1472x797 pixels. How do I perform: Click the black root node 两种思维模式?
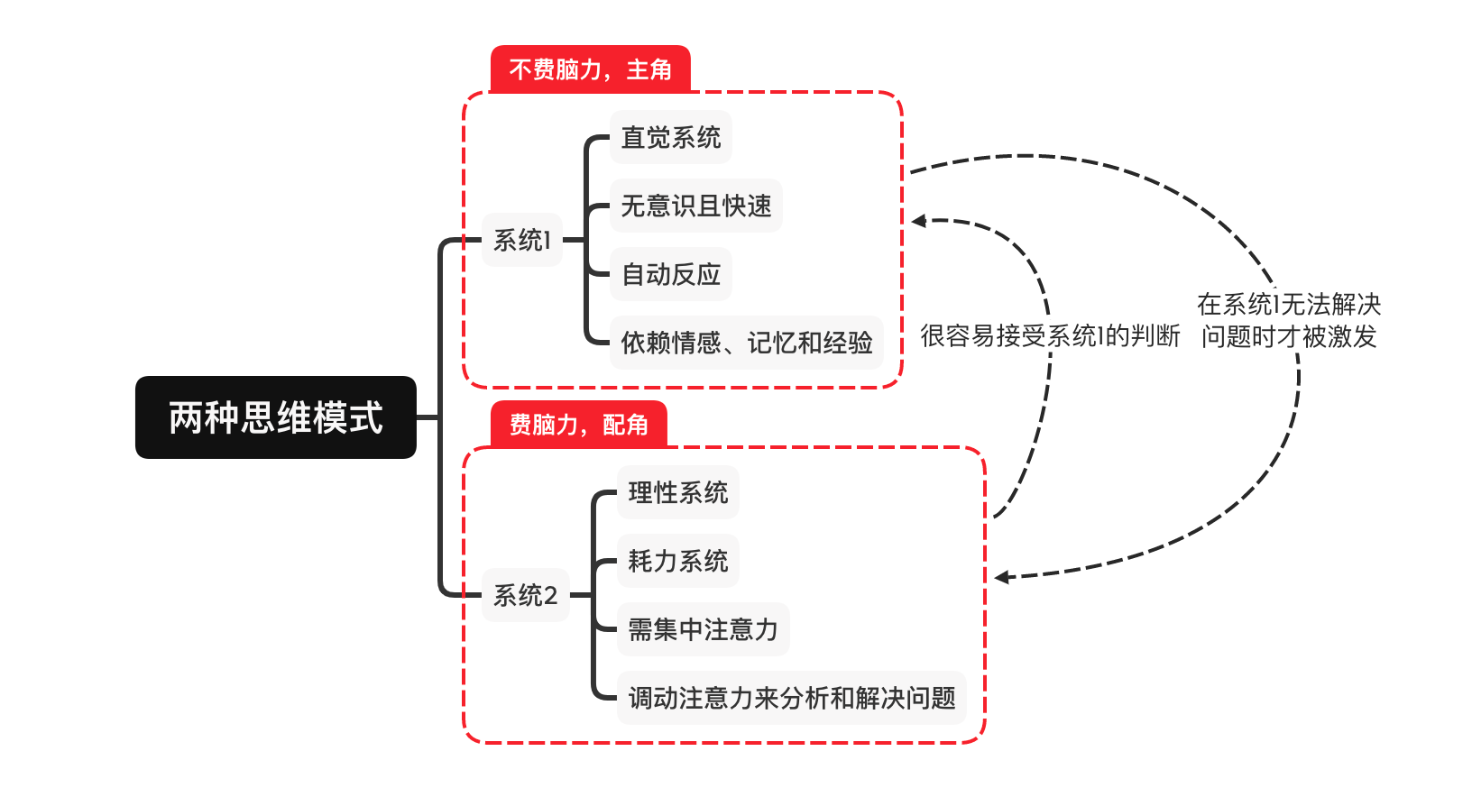[275, 417]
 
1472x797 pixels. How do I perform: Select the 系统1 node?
[521, 240]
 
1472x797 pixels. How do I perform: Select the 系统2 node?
[525, 595]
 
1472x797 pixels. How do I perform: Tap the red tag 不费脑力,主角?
[590, 69]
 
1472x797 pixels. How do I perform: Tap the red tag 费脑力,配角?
[578, 425]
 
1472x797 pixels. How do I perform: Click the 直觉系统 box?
[670, 137]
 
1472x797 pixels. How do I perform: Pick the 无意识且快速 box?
[695, 206]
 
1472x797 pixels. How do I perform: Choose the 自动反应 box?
[670, 274]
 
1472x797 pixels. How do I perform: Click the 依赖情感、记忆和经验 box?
[746, 343]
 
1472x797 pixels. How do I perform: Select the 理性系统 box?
[677, 492]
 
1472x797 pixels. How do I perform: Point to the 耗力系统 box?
[677, 561]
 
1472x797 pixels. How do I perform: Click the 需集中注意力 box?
[703, 629]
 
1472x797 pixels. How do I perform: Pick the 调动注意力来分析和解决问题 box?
[791, 698]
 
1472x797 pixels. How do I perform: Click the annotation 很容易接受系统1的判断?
[1050, 336]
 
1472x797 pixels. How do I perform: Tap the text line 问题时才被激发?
[1289, 337]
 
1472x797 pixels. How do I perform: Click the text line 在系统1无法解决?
[1289, 304]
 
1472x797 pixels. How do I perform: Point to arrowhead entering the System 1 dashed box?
[918, 221]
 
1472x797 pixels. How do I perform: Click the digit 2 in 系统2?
[550, 596]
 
